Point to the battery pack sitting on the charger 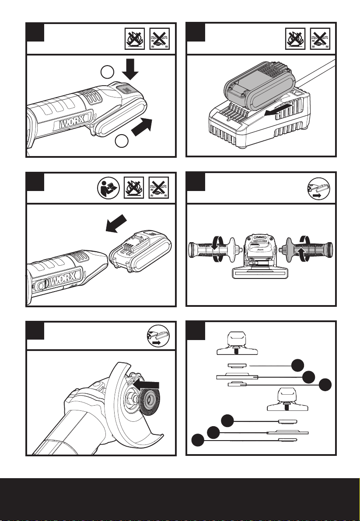[x=255, y=89]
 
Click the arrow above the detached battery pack [x=118, y=225]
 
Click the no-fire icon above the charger [x=294, y=38]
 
